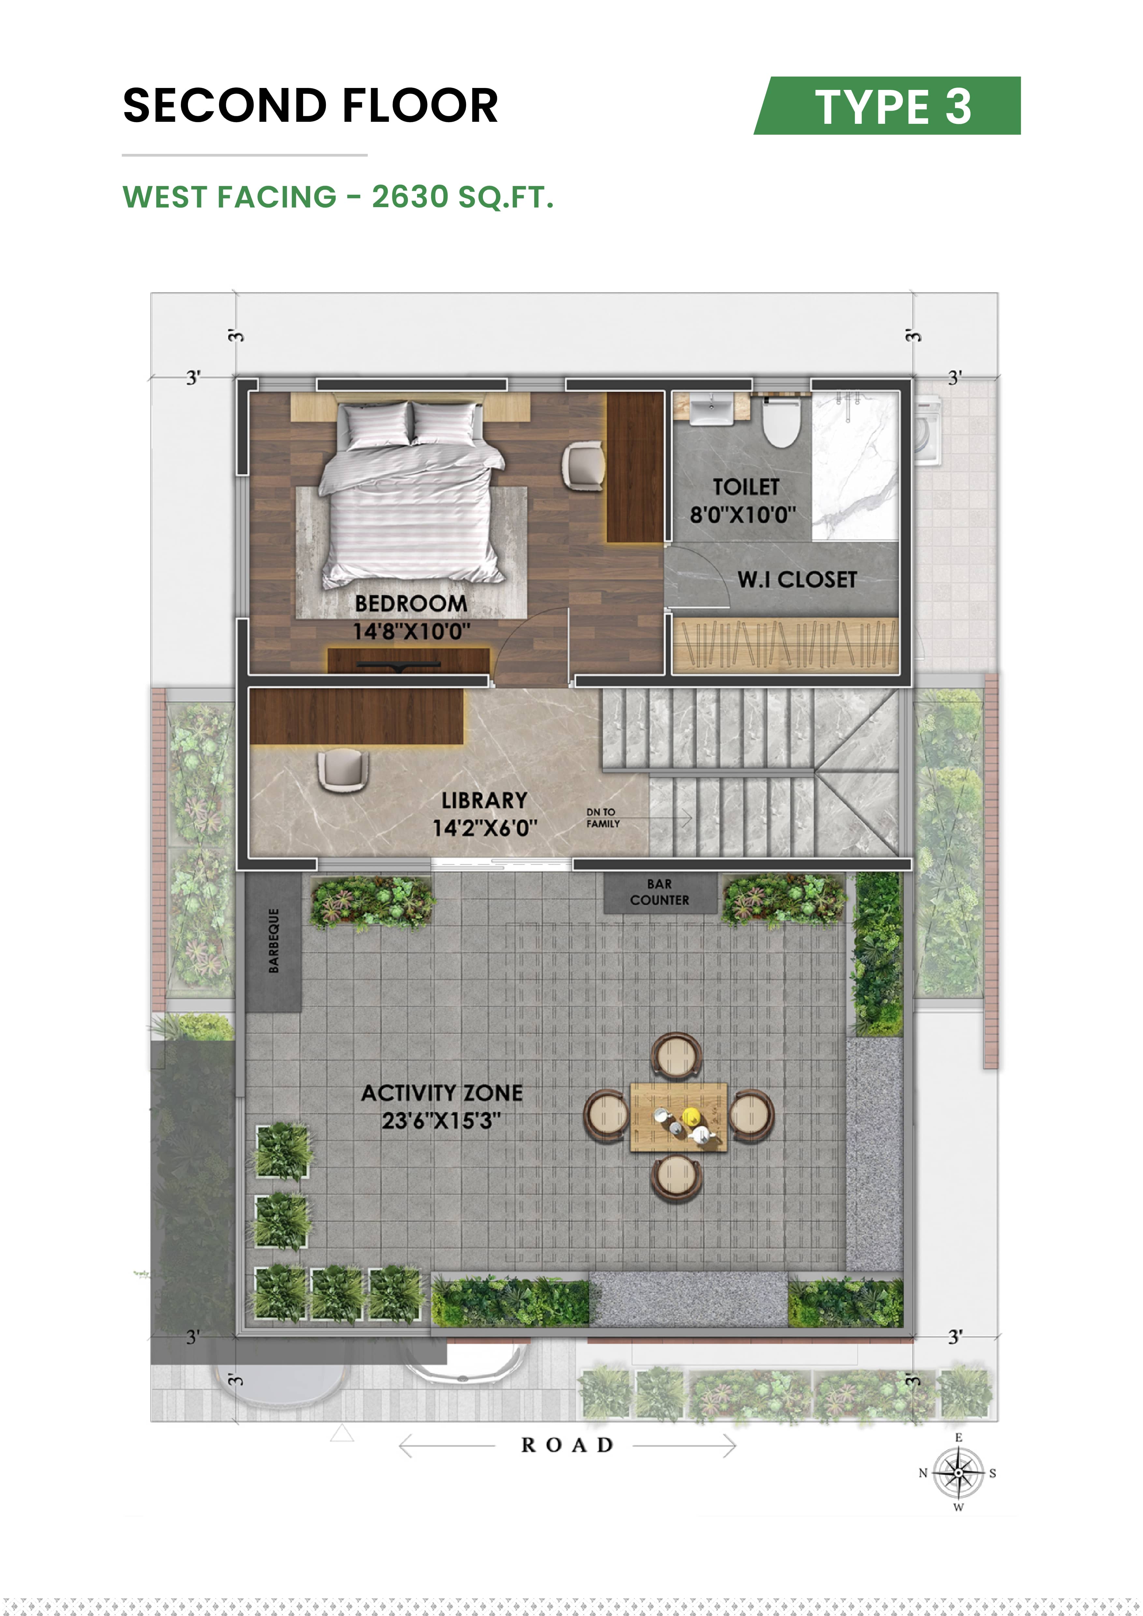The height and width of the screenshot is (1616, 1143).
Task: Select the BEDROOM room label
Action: tap(411, 603)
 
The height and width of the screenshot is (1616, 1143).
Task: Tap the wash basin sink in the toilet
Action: tap(711, 410)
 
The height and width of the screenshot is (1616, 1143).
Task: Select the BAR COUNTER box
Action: tap(659, 893)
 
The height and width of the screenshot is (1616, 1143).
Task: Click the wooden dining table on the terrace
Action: tap(678, 1117)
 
